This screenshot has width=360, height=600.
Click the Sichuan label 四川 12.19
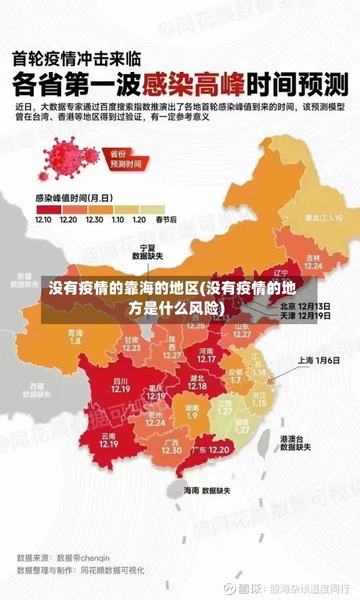point(120,385)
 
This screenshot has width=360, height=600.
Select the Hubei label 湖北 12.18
point(197,382)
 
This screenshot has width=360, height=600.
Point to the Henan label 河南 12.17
point(207,354)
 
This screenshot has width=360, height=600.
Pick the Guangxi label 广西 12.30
point(171,446)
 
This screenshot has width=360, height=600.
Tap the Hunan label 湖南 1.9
point(192,411)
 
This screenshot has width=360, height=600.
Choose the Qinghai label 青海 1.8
point(75,336)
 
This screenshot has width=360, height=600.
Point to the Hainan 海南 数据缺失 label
point(207,491)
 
